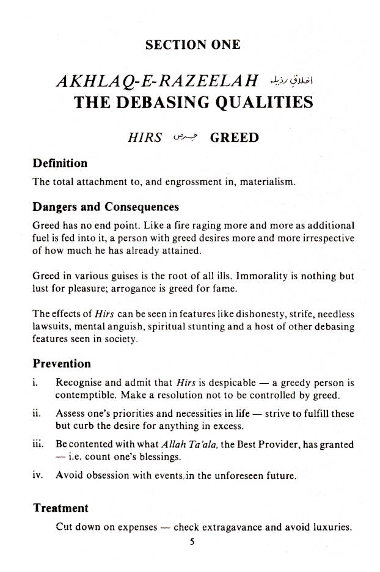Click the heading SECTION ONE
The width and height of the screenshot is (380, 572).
(x=193, y=45)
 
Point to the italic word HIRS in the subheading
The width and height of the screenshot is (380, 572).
(x=145, y=137)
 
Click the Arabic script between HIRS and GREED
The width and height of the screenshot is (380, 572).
(x=184, y=137)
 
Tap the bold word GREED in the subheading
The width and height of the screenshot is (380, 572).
(x=234, y=137)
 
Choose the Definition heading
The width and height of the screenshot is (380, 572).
(x=60, y=163)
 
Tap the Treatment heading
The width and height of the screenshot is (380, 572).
(x=60, y=508)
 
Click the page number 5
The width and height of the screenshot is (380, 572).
(x=191, y=540)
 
